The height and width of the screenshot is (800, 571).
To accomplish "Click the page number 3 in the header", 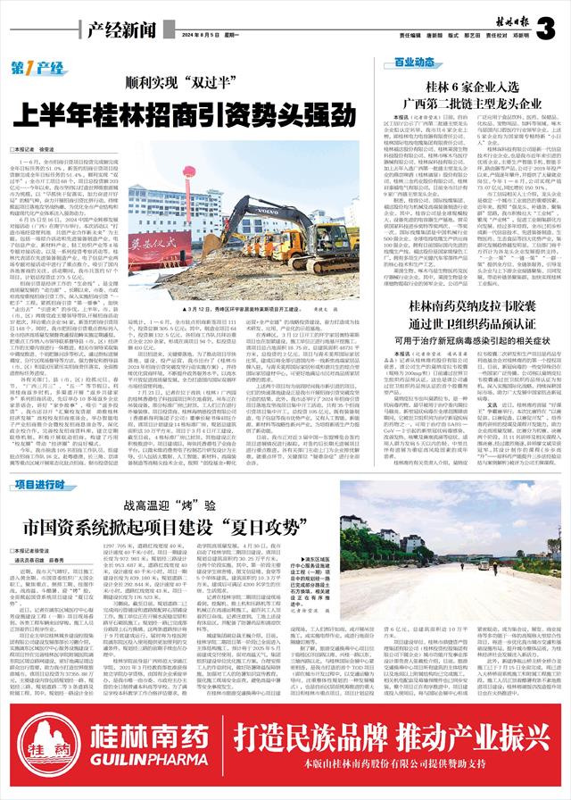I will [546, 27].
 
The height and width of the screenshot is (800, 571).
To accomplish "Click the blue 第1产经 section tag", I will [37, 68].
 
